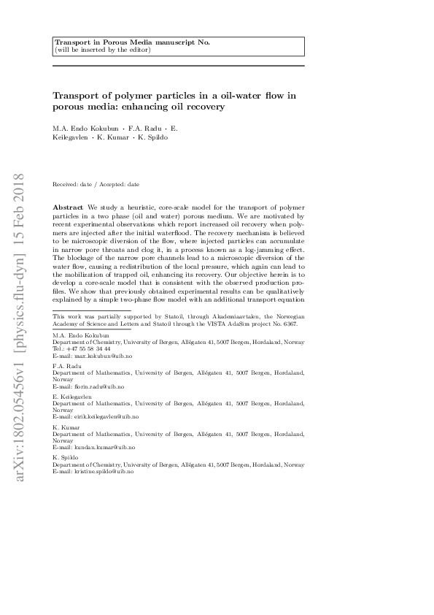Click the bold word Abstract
68,208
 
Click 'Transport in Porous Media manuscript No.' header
132,42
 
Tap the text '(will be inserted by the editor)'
102,50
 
